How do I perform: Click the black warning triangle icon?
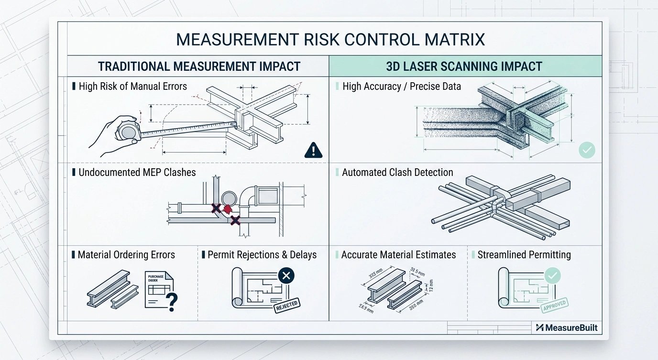(x=313, y=151)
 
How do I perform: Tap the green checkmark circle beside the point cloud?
(x=587, y=150)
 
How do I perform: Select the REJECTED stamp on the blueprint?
(x=286, y=305)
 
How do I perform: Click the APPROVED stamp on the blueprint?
(x=553, y=305)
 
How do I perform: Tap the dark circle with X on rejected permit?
(x=285, y=276)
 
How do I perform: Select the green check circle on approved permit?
(x=553, y=276)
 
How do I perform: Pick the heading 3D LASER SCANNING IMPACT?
(x=465, y=66)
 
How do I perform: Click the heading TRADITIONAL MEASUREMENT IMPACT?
(x=199, y=66)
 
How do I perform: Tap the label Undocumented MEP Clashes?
(x=137, y=172)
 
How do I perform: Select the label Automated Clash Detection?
(x=397, y=172)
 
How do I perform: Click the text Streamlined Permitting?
(x=524, y=254)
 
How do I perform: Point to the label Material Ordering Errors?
(x=126, y=255)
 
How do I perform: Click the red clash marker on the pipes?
(x=228, y=209)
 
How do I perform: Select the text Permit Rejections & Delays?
(x=262, y=255)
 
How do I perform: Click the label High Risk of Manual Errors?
(x=132, y=87)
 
